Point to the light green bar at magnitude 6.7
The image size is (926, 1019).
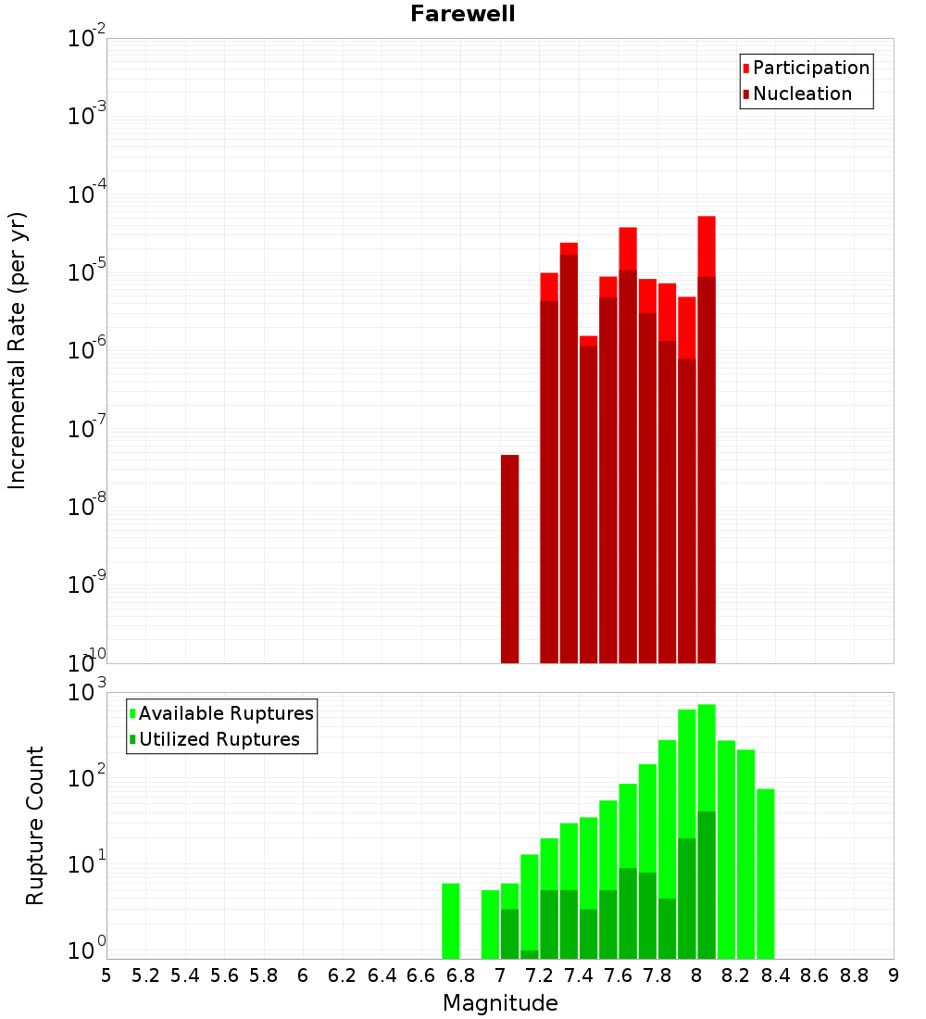[451, 921]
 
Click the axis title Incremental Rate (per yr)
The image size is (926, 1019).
[18, 350]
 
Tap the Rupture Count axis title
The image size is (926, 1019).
[35, 825]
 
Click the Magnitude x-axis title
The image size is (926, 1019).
[500, 1003]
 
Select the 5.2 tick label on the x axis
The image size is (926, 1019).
[145, 975]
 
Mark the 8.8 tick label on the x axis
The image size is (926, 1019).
[854, 975]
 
